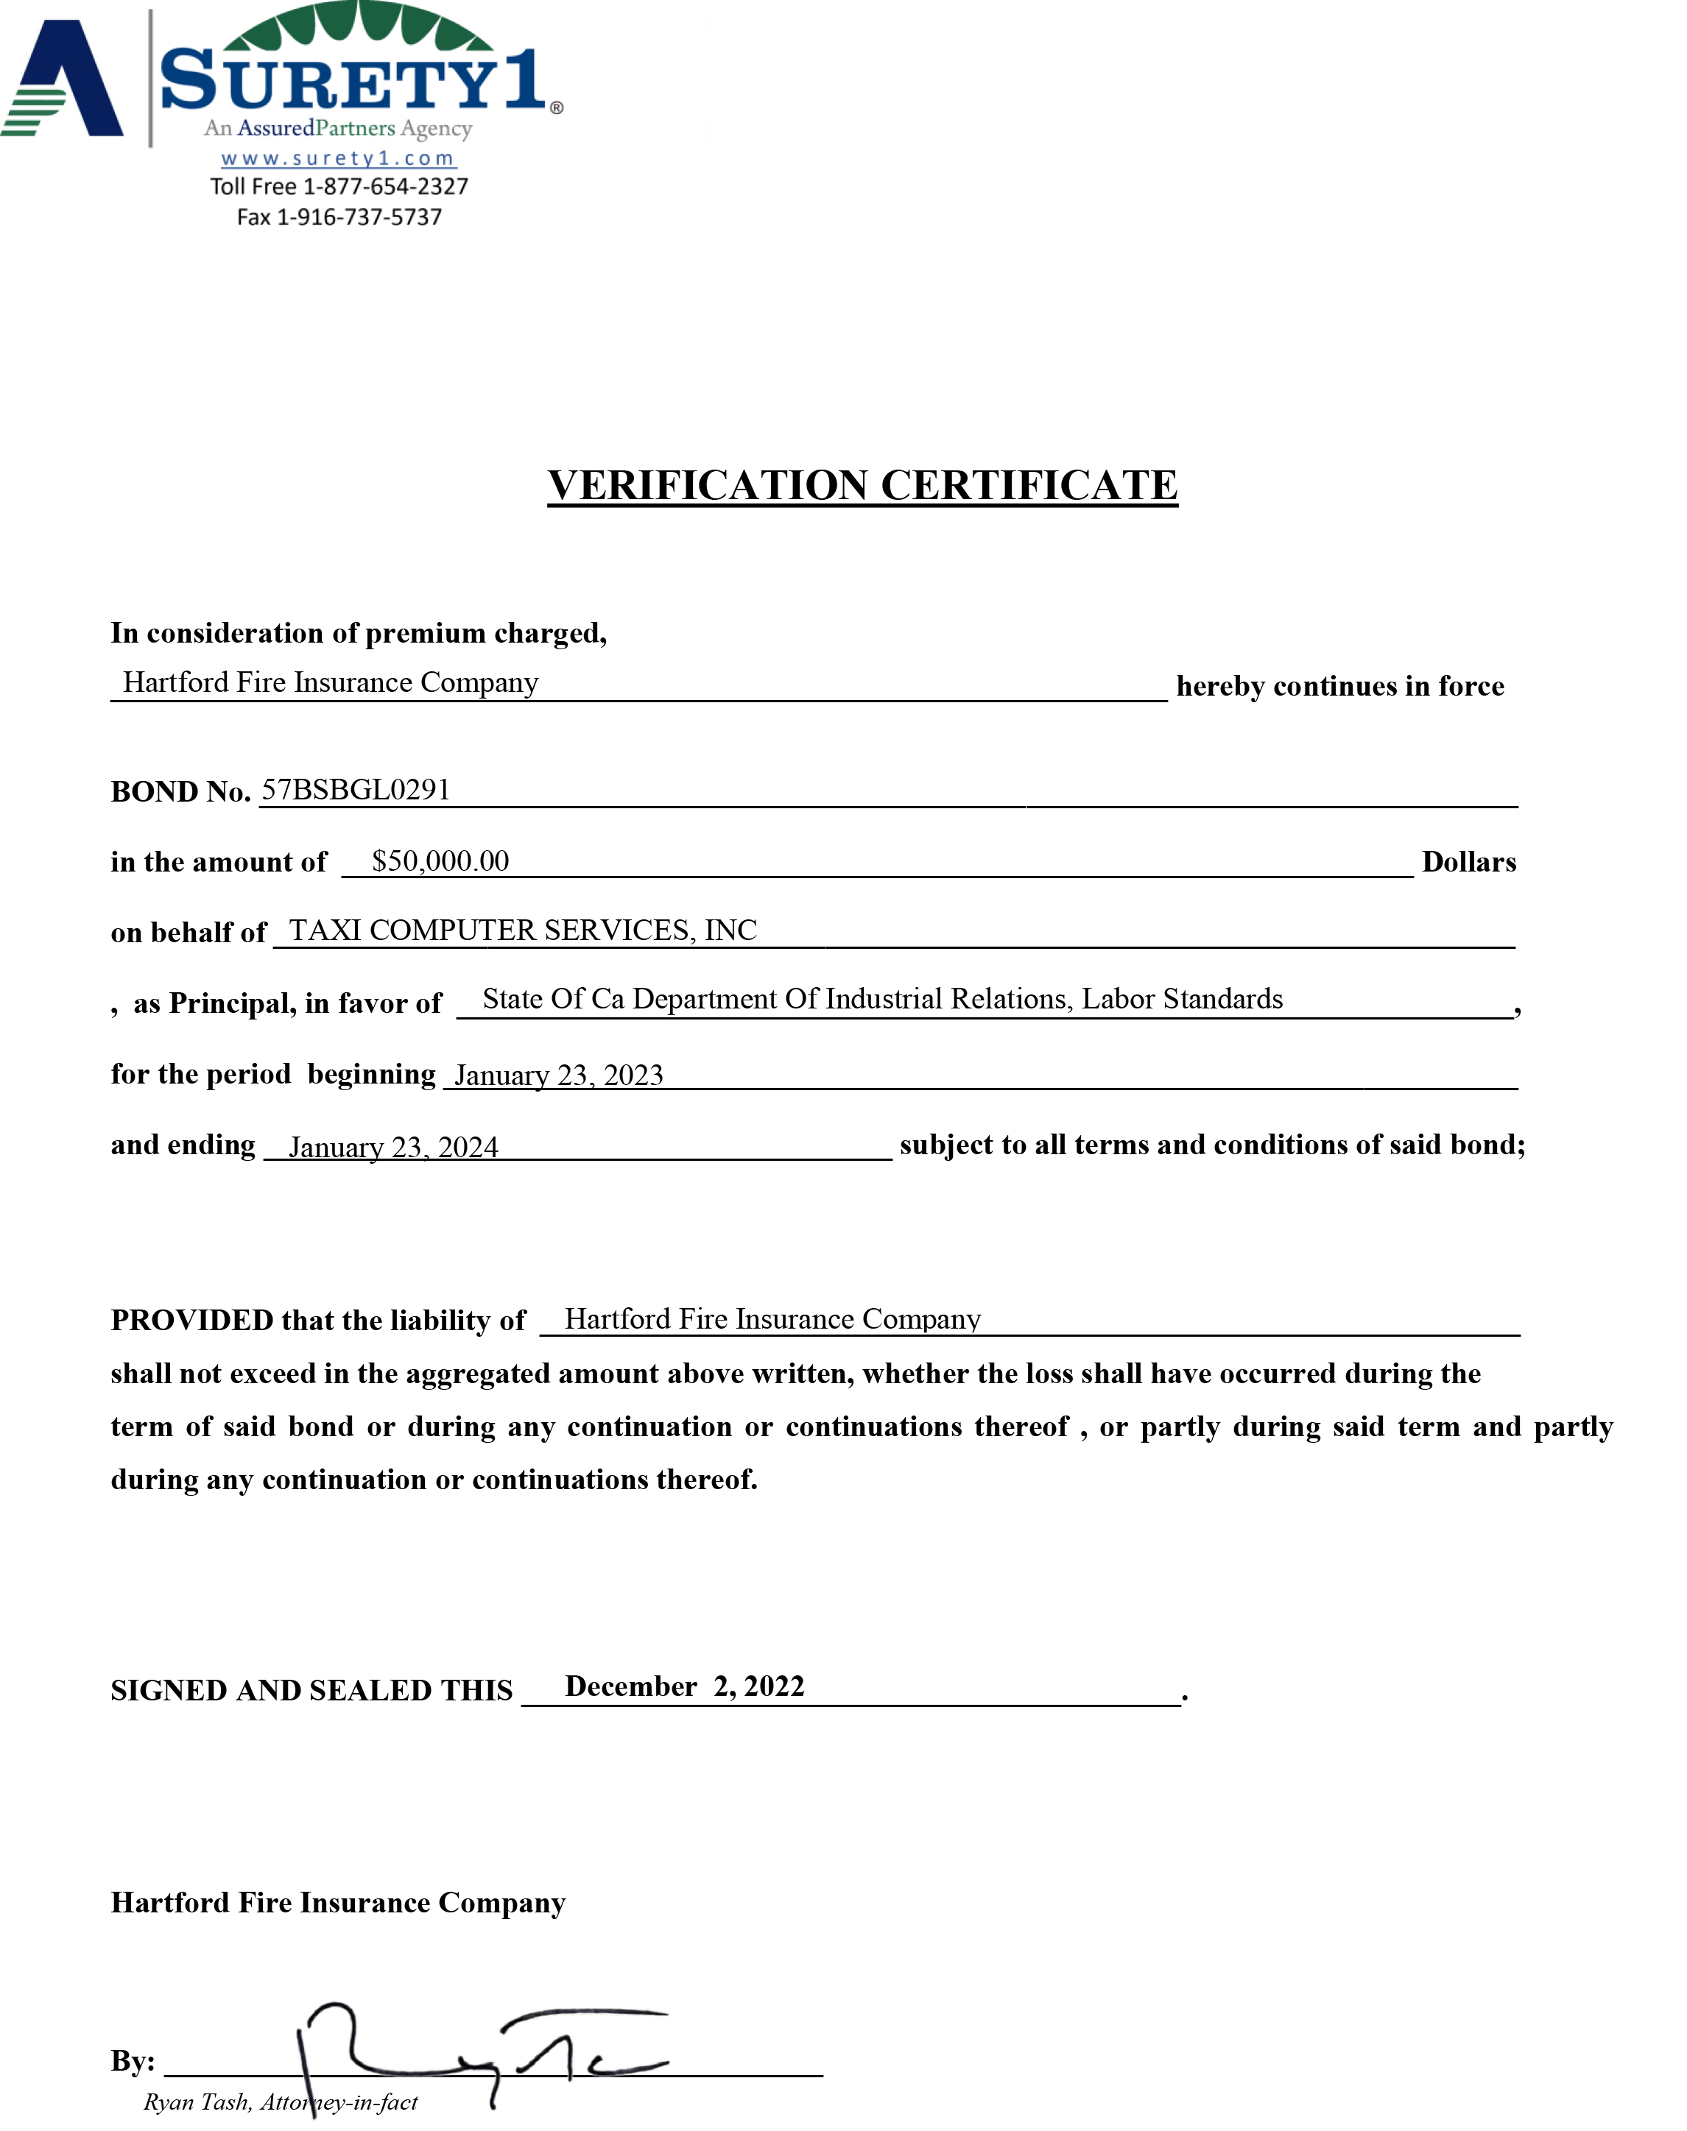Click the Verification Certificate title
[x=862, y=486]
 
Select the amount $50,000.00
[x=440, y=861]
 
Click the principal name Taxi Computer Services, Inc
[x=523, y=930]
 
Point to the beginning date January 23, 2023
[x=558, y=1075]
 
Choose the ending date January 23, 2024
[x=393, y=1147]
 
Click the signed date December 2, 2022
[x=685, y=1686]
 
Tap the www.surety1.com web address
[x=338, y=158]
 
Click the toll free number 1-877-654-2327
[x=385, y=187]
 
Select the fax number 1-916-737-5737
[x=359, y=217]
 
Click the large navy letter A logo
[x=64, y=79]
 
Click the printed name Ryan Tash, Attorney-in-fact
[x=281, y=2102]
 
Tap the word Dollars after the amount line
[x=1469, y=862]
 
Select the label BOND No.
[x=180, y=792]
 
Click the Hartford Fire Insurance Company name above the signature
[x=338, y=1903]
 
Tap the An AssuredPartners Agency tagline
[x=338, y=128]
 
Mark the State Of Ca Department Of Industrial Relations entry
[x=882, y=1000]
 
